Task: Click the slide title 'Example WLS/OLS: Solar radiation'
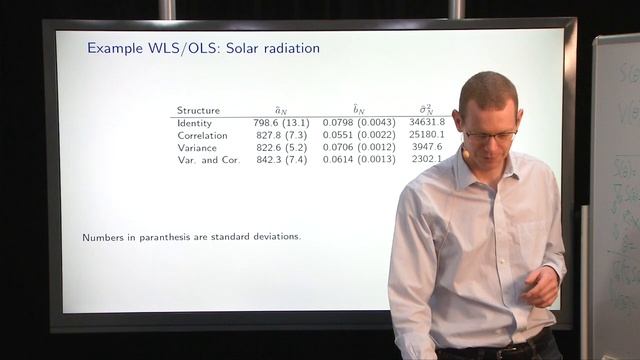pos(203,47)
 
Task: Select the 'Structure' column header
pos(198,110)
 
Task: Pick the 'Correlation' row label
pos(203,134)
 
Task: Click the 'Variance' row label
pos(197,147)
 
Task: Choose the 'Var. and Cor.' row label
pos(206,159)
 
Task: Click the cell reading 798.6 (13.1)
pos(281,122)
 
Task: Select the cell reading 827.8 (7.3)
pos(281,134)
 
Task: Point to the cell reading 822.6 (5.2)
pos(281,147)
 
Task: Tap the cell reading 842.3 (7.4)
pos(281,159)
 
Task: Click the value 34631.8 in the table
pos(427,122)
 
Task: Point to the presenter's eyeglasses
pos(490,133)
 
